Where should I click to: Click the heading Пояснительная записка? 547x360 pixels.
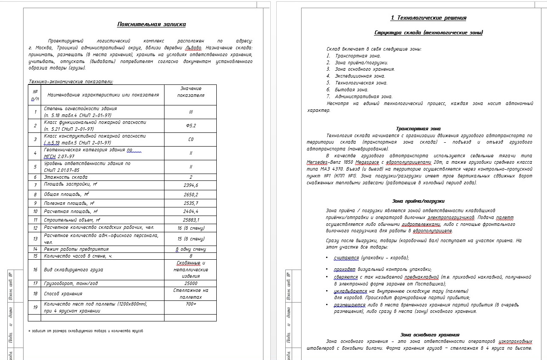151,24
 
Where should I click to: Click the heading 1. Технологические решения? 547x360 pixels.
428,18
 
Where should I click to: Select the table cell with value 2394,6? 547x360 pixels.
191,185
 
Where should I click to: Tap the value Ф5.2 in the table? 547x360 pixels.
191,126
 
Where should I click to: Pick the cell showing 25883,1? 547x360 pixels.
191,220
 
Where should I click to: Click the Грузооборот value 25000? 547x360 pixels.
191,283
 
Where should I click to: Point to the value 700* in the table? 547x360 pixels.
191,304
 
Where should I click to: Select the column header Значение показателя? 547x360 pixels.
191,92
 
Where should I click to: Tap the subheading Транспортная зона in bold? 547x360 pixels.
418,129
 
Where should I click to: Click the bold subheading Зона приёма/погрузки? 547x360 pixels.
418,201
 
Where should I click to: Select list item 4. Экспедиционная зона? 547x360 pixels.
356,76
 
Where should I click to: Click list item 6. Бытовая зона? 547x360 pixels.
347,90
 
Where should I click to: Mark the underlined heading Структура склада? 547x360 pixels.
428,33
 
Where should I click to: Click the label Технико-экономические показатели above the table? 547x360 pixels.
71,81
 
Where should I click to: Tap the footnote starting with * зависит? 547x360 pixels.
85,331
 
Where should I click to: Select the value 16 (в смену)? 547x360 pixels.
191,228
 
